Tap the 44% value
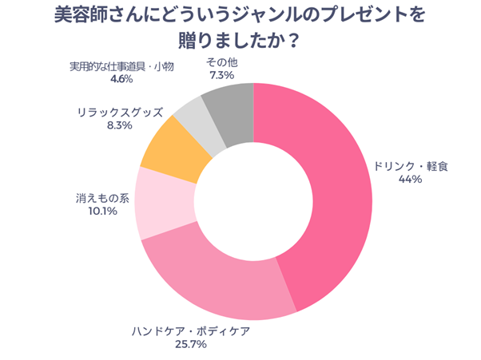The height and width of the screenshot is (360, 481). tap(410, 180)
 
